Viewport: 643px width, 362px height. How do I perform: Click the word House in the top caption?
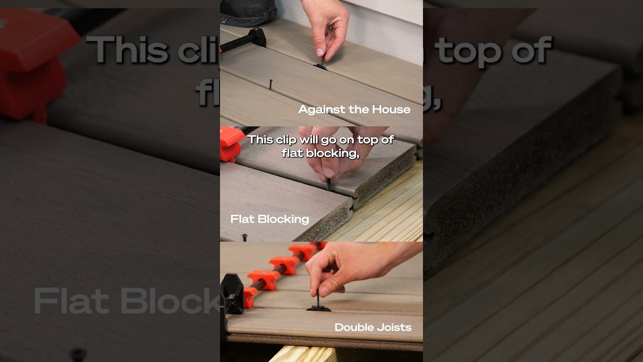pos(391,110)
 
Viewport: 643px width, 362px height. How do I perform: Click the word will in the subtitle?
pos(309,140)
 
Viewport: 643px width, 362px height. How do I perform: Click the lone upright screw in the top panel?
pos(270,84)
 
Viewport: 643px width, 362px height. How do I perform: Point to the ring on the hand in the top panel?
pos(331,28)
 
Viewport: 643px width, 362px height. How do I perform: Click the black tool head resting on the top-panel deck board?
pos(257,37)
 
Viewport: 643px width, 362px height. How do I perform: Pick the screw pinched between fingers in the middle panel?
pos(329,184)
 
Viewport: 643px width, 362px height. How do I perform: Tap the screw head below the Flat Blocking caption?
pos(245,236)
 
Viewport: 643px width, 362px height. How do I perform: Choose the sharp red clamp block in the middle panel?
pos(231,144)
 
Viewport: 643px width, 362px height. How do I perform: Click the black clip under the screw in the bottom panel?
pos(318,309)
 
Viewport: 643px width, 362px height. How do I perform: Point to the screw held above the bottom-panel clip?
pos(318,299)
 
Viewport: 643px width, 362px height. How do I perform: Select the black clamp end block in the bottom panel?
pos(232,294)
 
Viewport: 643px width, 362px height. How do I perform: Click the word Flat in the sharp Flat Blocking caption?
pos(243,219)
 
